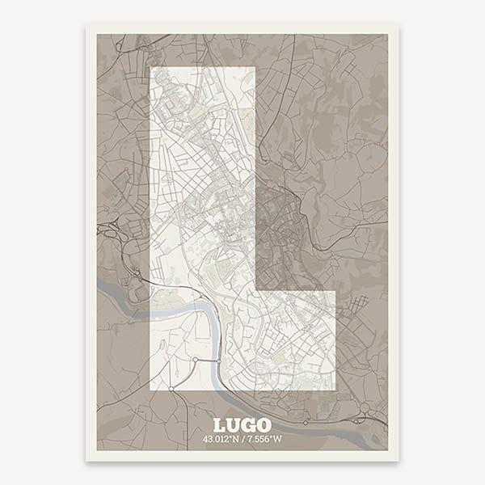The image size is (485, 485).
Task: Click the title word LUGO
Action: click(242, 424)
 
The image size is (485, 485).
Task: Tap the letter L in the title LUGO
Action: click(219, 424)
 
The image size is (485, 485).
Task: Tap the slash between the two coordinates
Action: click(242, 439)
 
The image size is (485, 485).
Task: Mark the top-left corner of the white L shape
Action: click(151, 67)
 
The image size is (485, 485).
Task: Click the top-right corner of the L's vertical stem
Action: click(255, 67)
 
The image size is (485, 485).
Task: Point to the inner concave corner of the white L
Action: click(255, 289)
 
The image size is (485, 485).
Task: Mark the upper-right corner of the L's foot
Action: click(335, 289)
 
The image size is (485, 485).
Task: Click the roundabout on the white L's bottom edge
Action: click(171, 390)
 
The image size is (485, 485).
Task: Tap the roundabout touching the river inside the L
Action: click(195, 359)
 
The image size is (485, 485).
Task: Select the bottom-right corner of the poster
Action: click(399, 461)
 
